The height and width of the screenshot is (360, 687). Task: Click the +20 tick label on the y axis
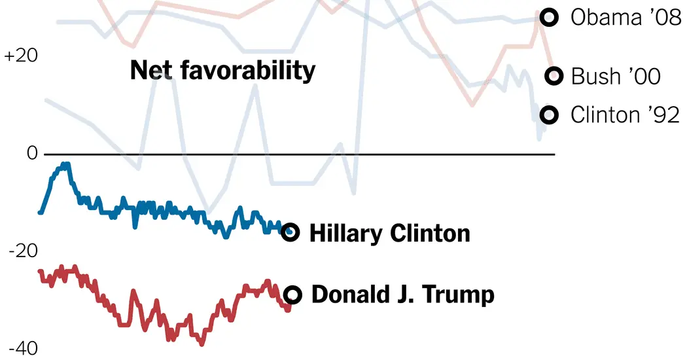21,56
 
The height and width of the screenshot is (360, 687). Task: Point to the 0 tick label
31,153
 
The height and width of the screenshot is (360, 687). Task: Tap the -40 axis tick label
23,349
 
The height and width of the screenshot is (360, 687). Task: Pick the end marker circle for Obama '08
549,18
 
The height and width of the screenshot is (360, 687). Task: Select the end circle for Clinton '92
549,115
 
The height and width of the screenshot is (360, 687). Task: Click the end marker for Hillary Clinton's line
290,232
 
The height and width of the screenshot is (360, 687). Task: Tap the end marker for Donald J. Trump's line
292,295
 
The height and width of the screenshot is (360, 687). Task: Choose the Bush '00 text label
616,77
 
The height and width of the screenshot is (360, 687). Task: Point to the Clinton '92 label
625,115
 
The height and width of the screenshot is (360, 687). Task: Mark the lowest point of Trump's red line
202,343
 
